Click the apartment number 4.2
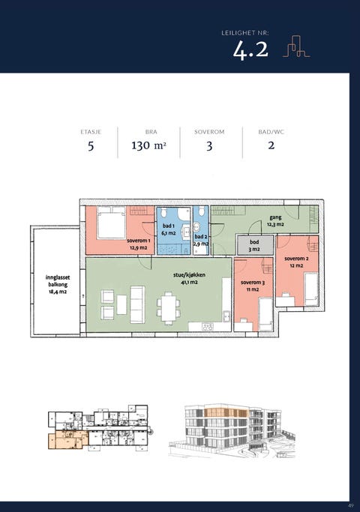point(250,50)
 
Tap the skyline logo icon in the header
point(296,46)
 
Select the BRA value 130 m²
point(149,145)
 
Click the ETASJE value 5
point(91,145)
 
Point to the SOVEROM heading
point(209,132)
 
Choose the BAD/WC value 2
point(271,145)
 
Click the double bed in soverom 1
point(112,223)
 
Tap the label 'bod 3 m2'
point(254,246)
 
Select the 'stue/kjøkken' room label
point(189,275)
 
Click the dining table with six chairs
point(169,308)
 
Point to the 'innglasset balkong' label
point(58,284)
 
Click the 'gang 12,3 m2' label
point(275,220)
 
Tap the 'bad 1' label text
point(169,226)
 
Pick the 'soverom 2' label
point(296,259)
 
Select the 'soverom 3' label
point(253,283)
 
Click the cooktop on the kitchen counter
point(208,327)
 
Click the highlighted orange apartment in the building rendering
point(226,413)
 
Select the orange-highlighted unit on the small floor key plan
point(67,439)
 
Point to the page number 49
point(351,505)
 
